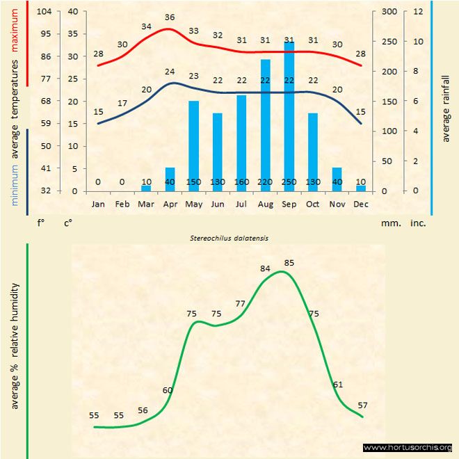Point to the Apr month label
coord(170,204)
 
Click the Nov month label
coord(337,204)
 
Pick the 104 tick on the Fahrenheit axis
coord(45,11)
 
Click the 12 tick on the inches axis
coord(418,11)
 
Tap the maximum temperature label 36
coord(170,17)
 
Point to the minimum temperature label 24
coord(170,72)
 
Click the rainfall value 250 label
coord(289,182)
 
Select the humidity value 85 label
coord(289,262)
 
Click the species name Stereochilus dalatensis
coord(229,237)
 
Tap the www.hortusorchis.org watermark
coord(408,448)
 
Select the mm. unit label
coord(390,224)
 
